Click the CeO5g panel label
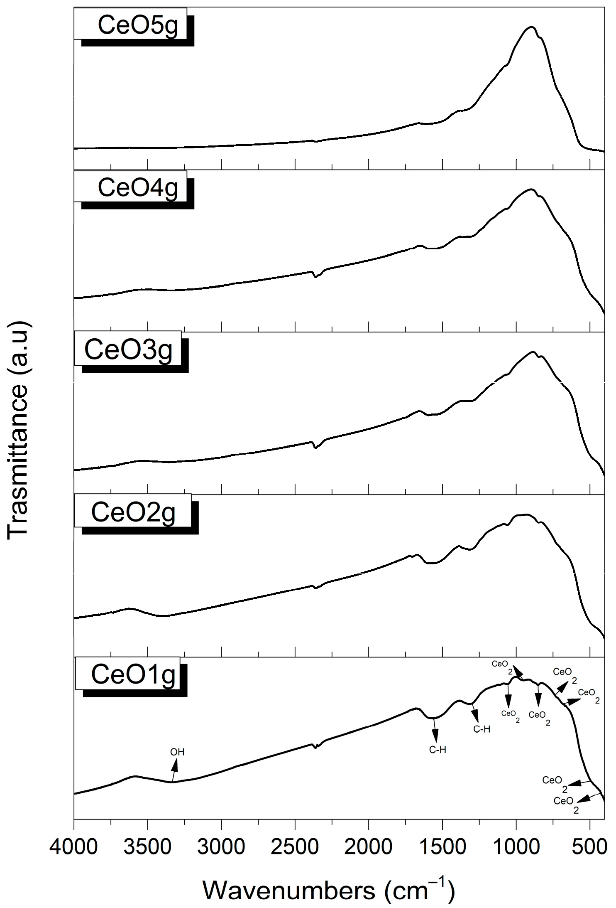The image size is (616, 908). pos(137,25)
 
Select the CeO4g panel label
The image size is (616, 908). pos(137,188)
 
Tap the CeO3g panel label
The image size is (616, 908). pos(128,349)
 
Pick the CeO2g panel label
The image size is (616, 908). pos(133,512)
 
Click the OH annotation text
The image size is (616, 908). pos(177,752)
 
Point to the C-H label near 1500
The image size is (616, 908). pos(438,750)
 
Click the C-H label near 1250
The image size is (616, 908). pos(482,729)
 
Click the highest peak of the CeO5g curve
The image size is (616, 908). pos(531,27)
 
